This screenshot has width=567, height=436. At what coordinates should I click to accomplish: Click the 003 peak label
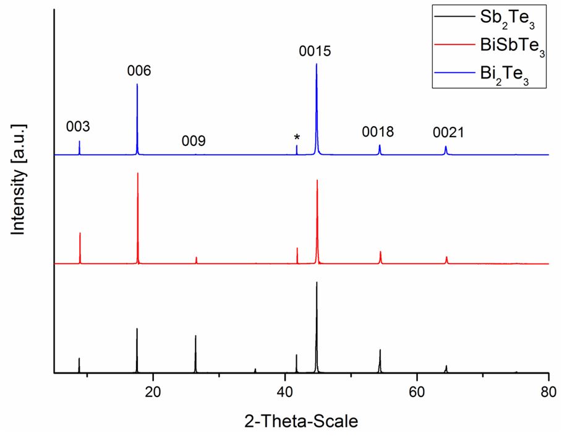click(78, 127)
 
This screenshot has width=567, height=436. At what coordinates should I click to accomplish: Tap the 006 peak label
click(139, 71)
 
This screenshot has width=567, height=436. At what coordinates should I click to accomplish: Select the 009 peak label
click(194, 142)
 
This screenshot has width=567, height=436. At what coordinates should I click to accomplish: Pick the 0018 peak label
click(378, 132)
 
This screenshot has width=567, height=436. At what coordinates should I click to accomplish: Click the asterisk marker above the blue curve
click(297, 137)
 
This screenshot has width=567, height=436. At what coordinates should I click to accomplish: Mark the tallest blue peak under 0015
click(317, 64)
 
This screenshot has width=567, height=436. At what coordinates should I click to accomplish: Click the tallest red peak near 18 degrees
click(138, 174)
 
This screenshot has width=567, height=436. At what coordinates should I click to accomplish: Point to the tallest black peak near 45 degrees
click(317, 283)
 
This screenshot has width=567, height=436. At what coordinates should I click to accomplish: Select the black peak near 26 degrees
click(195, 337)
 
